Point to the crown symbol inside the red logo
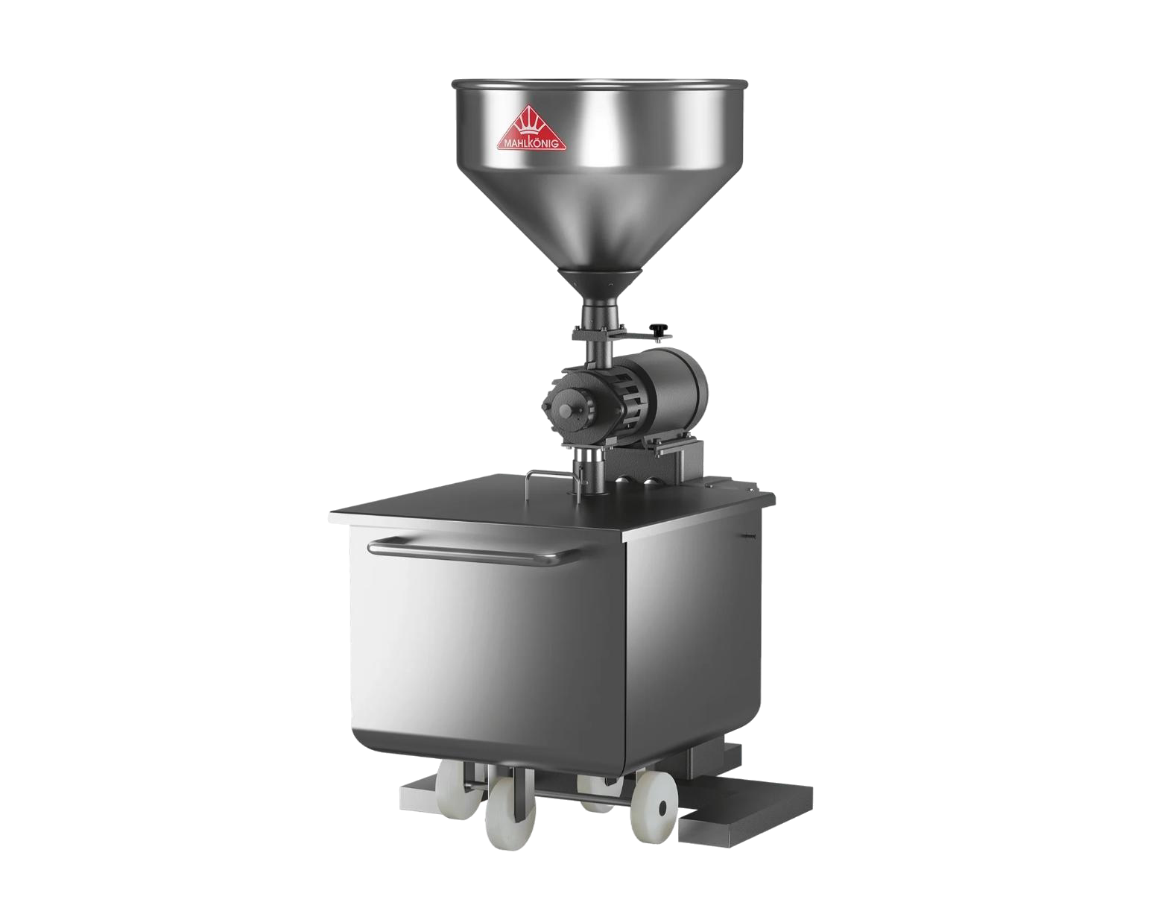click(531, 124)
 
